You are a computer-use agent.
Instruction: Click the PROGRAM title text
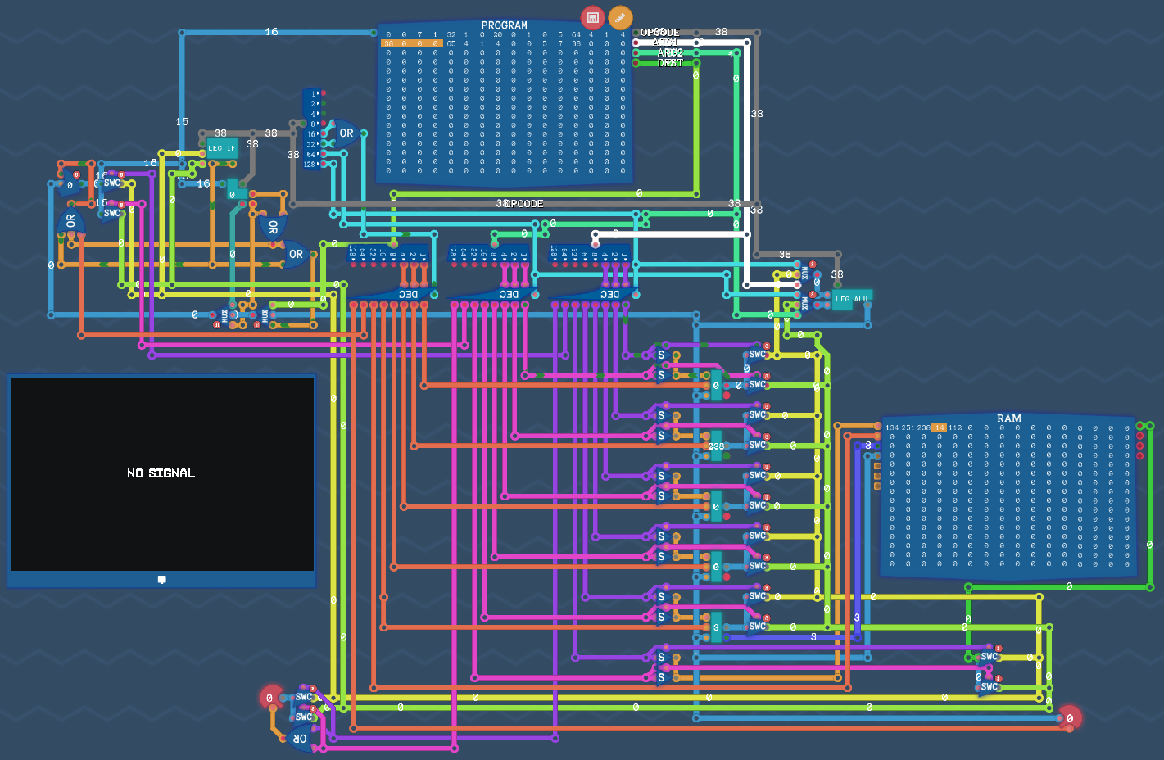tap(504, 25)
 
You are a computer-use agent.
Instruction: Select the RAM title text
tap(1009, 418)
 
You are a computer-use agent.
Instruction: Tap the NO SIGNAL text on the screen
tap(161, 473)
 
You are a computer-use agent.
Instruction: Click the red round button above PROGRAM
tap(592, 17)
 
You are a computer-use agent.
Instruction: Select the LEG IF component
tap(221, 148)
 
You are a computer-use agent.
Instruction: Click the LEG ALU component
tap(850, 300)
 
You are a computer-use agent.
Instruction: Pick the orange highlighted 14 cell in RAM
tap(939, 428)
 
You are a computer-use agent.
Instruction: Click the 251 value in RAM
tap(908, 428)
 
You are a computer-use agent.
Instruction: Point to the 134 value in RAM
tap(892, 428)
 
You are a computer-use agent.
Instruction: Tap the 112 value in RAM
tap(955, 428)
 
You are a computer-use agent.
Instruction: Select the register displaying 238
tap(717, 446)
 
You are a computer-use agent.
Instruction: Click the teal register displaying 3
tap(716, 627)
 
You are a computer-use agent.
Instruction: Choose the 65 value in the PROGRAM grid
tap(451, 43)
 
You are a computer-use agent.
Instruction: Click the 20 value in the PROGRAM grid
tap(498, 35)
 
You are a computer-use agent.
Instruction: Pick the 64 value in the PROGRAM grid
tap(576, 35)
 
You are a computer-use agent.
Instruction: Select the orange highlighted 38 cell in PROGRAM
tap(388, 43)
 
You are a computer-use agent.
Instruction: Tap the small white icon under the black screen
tap(161, 580)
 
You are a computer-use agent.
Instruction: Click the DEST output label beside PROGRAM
tap(670, 63)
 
